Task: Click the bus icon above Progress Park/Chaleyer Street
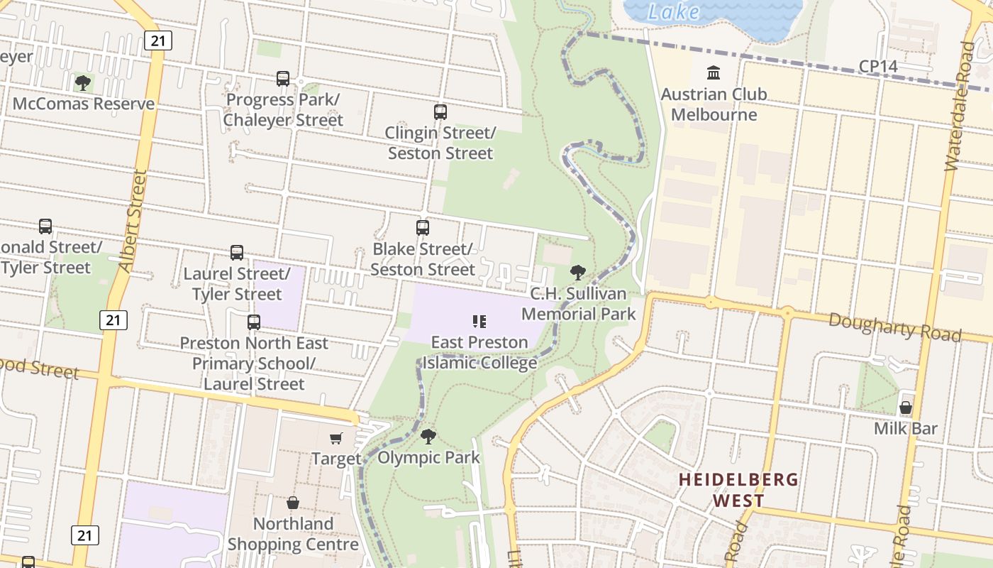coord(283,78)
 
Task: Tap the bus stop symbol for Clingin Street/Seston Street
coord(440,111)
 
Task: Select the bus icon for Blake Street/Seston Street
coord(423,228)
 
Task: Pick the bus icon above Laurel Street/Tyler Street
coord(237,253)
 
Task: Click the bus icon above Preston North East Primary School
coord(254,322)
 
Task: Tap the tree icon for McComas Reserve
coord(83,83)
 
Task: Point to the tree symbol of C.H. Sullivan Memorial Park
coord(578,272)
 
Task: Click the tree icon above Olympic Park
coord(428,436)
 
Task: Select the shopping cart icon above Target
coord(336,439)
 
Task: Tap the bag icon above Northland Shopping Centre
coord(293,503)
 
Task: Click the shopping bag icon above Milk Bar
coord(906,408)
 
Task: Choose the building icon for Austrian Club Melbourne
coord(714,73)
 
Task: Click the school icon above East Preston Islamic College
coord(479,322)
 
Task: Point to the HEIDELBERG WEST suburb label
coord(738,490)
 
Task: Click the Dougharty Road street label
coord(895,327)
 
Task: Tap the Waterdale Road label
coord(958,106)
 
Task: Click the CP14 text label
coord(878,66)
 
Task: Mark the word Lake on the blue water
coord(673,12)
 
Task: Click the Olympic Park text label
coord(428,458)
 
